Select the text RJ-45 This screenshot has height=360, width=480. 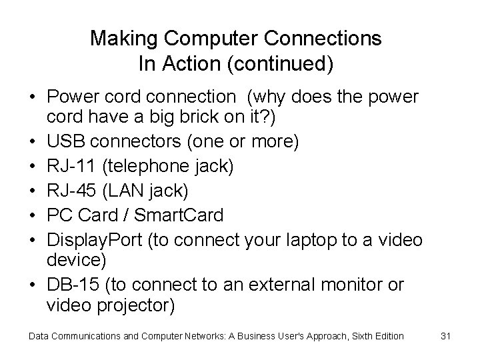coord(70,191)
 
